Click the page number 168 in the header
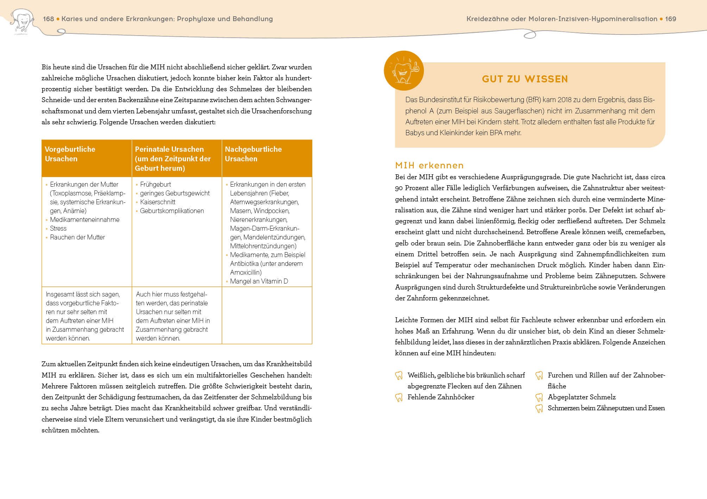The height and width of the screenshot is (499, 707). tap(48, 19)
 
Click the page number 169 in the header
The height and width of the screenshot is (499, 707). tap(670, 19)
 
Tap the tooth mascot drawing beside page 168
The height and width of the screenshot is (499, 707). tap(22, 21)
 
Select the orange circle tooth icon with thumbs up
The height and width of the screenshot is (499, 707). tap(404, 70)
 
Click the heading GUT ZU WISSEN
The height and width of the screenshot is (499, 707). tap(525, 79)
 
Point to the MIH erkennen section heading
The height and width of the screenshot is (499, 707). tap(429, 166)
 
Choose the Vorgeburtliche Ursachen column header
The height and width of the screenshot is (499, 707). tap(70, 154)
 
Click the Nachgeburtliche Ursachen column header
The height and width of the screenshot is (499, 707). tap(253, 154)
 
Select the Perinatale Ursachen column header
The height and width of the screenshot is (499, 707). tap(173, 158)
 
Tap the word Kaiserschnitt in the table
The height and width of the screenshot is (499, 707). tap(157, 202)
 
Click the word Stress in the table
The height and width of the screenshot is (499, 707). tap(58, 229)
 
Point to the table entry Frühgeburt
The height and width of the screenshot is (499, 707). tap(155, 185)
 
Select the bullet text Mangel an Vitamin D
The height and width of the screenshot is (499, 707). tap(259, 281)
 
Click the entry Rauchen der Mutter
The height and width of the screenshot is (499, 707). tap(77, 237)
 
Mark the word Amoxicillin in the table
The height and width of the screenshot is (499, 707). tap(245, 273)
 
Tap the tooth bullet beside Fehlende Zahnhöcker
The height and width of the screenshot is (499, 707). tap(399, 398)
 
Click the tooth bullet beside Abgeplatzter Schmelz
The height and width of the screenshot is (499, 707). tap(539, 398)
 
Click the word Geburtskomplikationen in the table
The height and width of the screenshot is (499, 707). tap(172, 211)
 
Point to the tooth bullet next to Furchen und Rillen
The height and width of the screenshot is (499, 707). tap(539, 376)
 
